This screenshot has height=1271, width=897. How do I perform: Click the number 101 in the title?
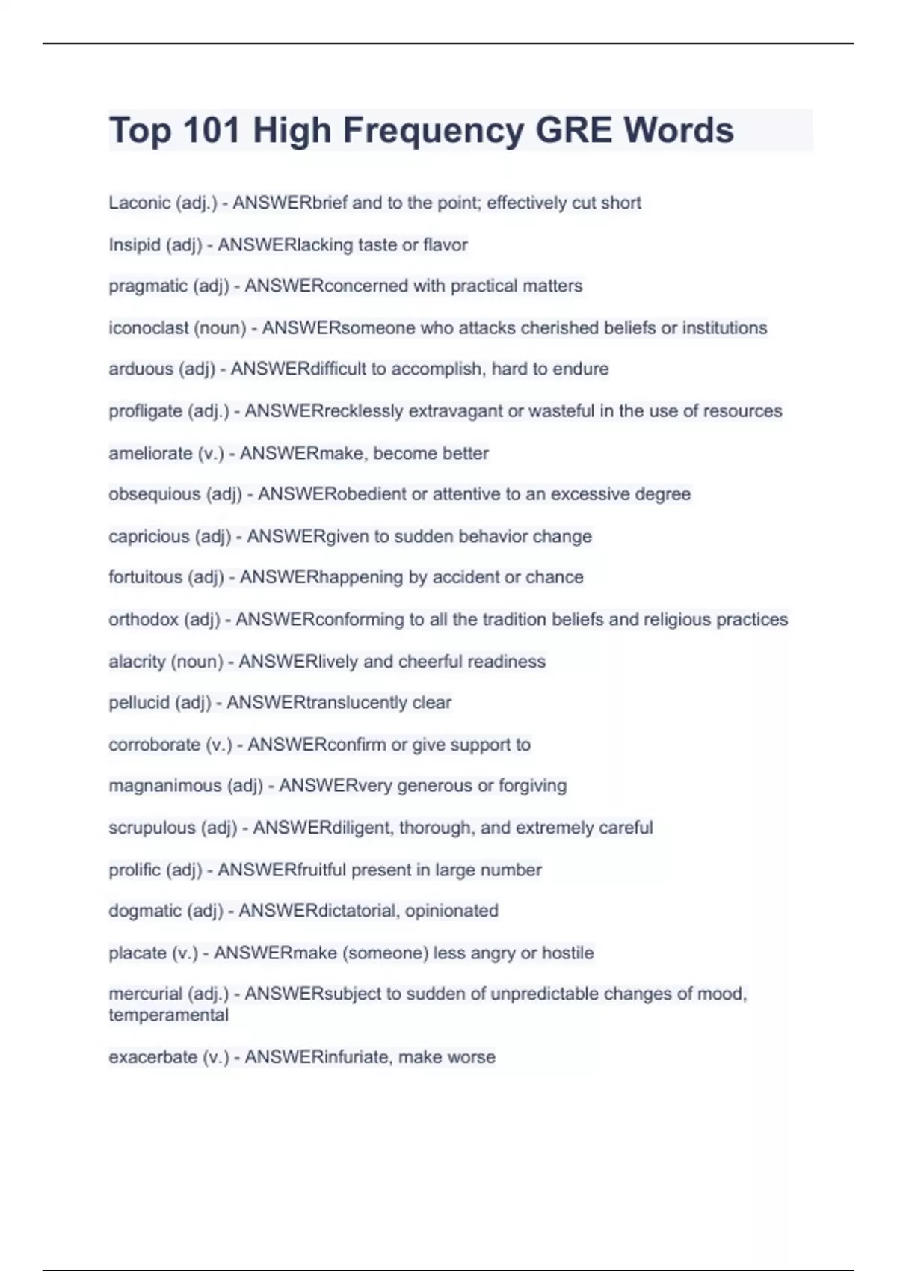212,130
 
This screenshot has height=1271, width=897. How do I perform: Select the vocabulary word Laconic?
139,203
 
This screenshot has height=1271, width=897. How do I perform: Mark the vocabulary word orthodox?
144,619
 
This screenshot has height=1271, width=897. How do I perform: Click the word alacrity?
137,662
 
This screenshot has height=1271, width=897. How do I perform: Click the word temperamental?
168,1015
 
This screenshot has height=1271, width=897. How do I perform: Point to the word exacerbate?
152,1057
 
